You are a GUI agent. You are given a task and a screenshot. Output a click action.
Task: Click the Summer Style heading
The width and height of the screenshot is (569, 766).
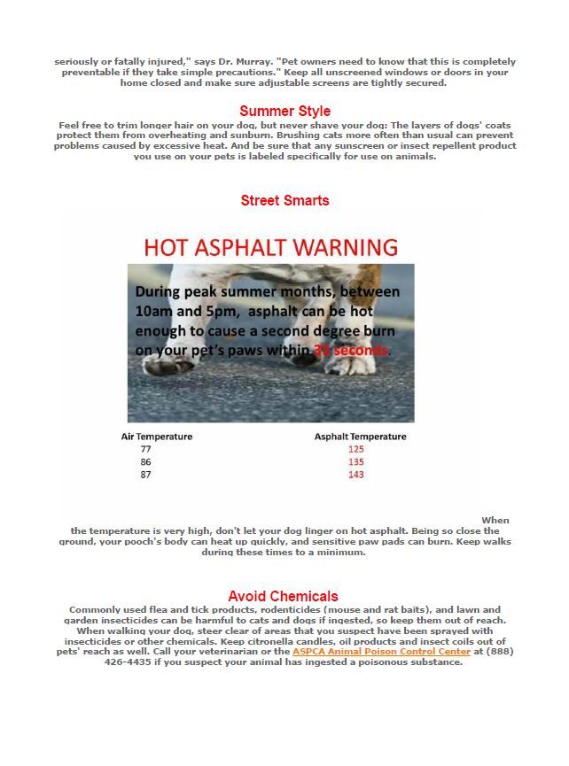point(284,112)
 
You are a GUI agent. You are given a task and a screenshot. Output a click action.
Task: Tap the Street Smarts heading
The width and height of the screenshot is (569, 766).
point(284,201)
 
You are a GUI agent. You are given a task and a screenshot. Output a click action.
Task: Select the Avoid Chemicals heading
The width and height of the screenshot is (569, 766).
point(283,596)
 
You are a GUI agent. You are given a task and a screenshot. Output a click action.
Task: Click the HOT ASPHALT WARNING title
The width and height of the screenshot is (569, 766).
point(270,247)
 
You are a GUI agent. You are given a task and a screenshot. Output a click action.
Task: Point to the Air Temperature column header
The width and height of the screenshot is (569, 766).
point(157,437)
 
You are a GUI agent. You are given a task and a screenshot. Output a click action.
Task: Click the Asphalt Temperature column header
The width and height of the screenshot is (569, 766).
point(360,437)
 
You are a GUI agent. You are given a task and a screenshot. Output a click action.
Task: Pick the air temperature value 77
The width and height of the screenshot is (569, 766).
point(145,449)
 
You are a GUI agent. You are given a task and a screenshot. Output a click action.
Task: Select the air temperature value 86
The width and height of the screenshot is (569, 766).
point(145,462)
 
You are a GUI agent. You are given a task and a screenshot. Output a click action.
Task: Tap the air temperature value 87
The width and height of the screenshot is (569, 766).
point(145,475)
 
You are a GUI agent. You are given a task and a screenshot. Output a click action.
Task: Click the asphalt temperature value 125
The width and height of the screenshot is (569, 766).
point(356,449)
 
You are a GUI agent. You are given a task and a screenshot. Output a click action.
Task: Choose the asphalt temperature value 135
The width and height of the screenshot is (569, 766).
point(356,462)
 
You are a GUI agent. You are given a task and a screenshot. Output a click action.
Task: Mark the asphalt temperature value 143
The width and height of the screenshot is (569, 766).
point(356,475)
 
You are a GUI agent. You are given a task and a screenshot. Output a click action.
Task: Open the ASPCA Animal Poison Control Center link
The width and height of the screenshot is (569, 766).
point(381,652)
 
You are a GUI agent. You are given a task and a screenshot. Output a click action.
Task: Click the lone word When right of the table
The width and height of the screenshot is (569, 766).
point(495,521)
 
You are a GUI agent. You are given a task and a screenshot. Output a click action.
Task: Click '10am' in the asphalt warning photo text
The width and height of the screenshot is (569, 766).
point(154,312)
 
